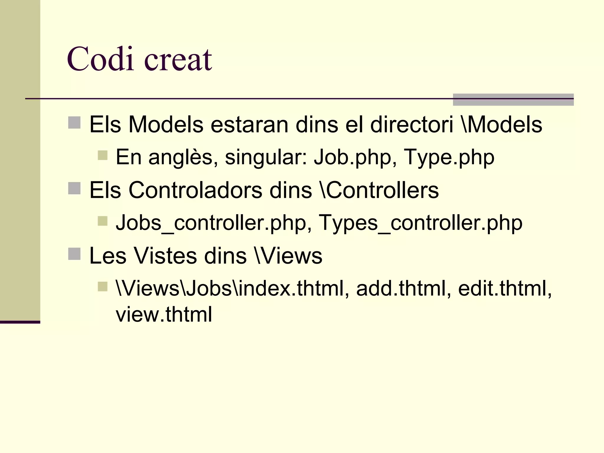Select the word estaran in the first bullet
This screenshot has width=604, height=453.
249,124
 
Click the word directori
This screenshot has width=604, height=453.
411,124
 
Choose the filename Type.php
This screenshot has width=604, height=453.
449,157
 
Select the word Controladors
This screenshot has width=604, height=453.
195,190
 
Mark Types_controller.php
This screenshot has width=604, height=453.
421,223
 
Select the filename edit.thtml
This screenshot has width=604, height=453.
505,288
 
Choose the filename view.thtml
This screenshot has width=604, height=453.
164,314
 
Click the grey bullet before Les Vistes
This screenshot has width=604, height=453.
74,254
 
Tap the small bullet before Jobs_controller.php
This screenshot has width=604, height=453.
103,221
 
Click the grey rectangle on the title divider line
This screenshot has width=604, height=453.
513,99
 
